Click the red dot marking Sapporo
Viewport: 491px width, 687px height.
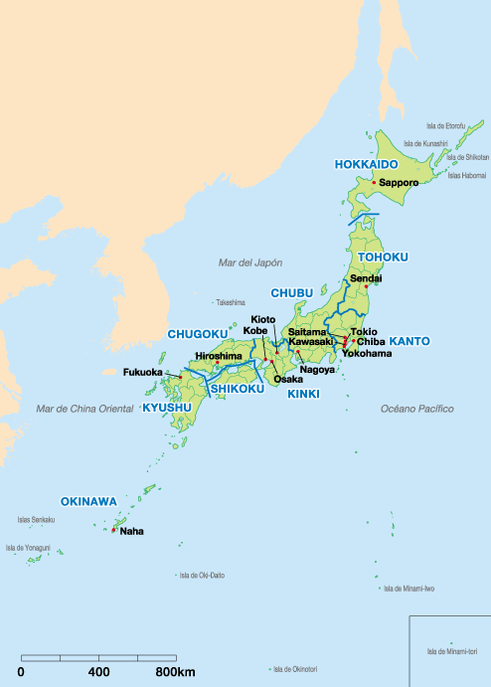click(x=374, y=183)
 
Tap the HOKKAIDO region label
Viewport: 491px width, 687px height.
click(x=366, y=163)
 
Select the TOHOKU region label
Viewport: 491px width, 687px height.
click(x=383, y=258)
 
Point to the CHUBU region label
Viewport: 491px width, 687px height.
click(x=292, y=293)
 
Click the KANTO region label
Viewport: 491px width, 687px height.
click(x=409, y=341)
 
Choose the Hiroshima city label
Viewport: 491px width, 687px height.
click(x=218, y=355)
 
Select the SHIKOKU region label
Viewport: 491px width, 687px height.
click(x=238, y=389)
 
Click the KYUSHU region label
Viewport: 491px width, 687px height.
click(x=166, y=409)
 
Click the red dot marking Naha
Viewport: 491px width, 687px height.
click(x=114, y=530)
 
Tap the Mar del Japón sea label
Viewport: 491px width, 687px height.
click(x=250, y=262)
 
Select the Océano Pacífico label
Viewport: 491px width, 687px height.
click(x=416, y=409)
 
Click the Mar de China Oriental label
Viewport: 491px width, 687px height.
click(x=85, y=409)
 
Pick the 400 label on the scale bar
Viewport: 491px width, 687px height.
click(x=98, y=673)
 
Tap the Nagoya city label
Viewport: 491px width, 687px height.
click(x=316, y=369)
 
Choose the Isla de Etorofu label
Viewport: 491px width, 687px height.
click(x=445, y=126)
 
